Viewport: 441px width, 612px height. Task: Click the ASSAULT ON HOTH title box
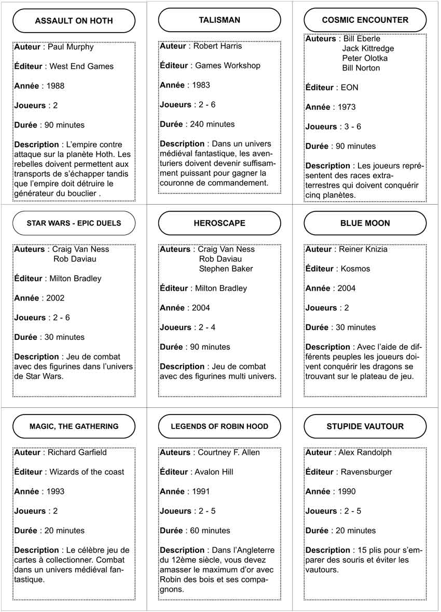point(74,21)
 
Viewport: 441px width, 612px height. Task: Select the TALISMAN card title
point(219,20)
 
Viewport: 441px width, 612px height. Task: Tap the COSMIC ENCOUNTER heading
point(365,20)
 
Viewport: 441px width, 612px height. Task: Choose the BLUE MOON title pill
point(365,223)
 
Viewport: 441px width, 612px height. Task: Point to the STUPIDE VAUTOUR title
point(365,426)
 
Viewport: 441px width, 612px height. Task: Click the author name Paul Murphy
point(71,47)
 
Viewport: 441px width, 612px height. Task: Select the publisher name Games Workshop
point(227,66)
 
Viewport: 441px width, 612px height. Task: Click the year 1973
point(347,107)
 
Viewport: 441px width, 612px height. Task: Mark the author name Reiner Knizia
point(363,249)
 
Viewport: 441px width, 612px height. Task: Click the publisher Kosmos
point(355,269)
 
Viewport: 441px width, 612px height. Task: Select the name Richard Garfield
point(77,452)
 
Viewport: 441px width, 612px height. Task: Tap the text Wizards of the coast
point(87,472)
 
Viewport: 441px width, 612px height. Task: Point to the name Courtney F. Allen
point(229,452)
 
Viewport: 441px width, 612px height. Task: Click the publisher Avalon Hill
point(214,472)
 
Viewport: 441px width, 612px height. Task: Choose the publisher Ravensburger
point(366,472)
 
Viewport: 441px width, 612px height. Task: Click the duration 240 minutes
point(214,124)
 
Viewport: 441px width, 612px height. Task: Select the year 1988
point(56,86)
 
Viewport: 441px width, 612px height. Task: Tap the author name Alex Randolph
point(365,452)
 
